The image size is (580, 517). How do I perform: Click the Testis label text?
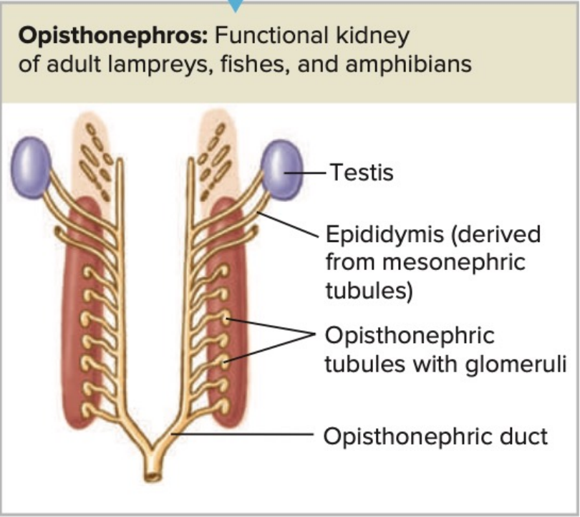[361, 172]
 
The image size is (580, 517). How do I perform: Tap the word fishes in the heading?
[254, 64]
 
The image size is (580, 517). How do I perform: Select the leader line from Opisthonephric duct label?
[243, 434]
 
